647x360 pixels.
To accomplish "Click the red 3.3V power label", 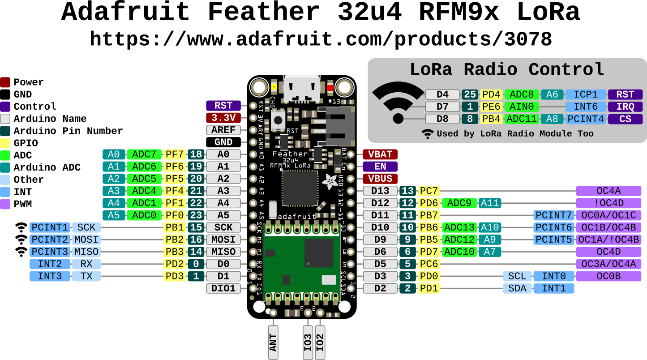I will click(x=223, y=118).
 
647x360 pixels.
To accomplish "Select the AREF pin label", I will click(x=223, y=130).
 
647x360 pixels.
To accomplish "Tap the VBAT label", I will click(x=380, y=154).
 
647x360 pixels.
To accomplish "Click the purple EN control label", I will click(x=380, y=167).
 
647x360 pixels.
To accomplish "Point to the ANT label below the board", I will click(x=273, y=342).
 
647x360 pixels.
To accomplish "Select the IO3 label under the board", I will click(x=308, y=342).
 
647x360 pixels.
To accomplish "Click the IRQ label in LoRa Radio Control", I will click(x=625, y=107).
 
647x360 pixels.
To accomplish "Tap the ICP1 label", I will click(x=586, y=94).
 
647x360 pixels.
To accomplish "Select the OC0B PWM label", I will click(x=608, y=276).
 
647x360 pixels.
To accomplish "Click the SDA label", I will click(x=517, y=288).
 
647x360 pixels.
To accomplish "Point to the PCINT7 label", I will click(x=554, y=215).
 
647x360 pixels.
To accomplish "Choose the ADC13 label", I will click(x=459, y=227).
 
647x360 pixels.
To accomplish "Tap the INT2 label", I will click(x=50, y=264).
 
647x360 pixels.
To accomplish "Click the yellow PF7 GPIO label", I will click(x=175, y=154).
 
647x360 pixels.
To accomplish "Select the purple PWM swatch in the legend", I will click(x=5, y=204).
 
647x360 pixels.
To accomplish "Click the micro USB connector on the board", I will click(x=302, y=88).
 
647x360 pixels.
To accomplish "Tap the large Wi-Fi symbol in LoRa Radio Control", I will click(x=398, y=103).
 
